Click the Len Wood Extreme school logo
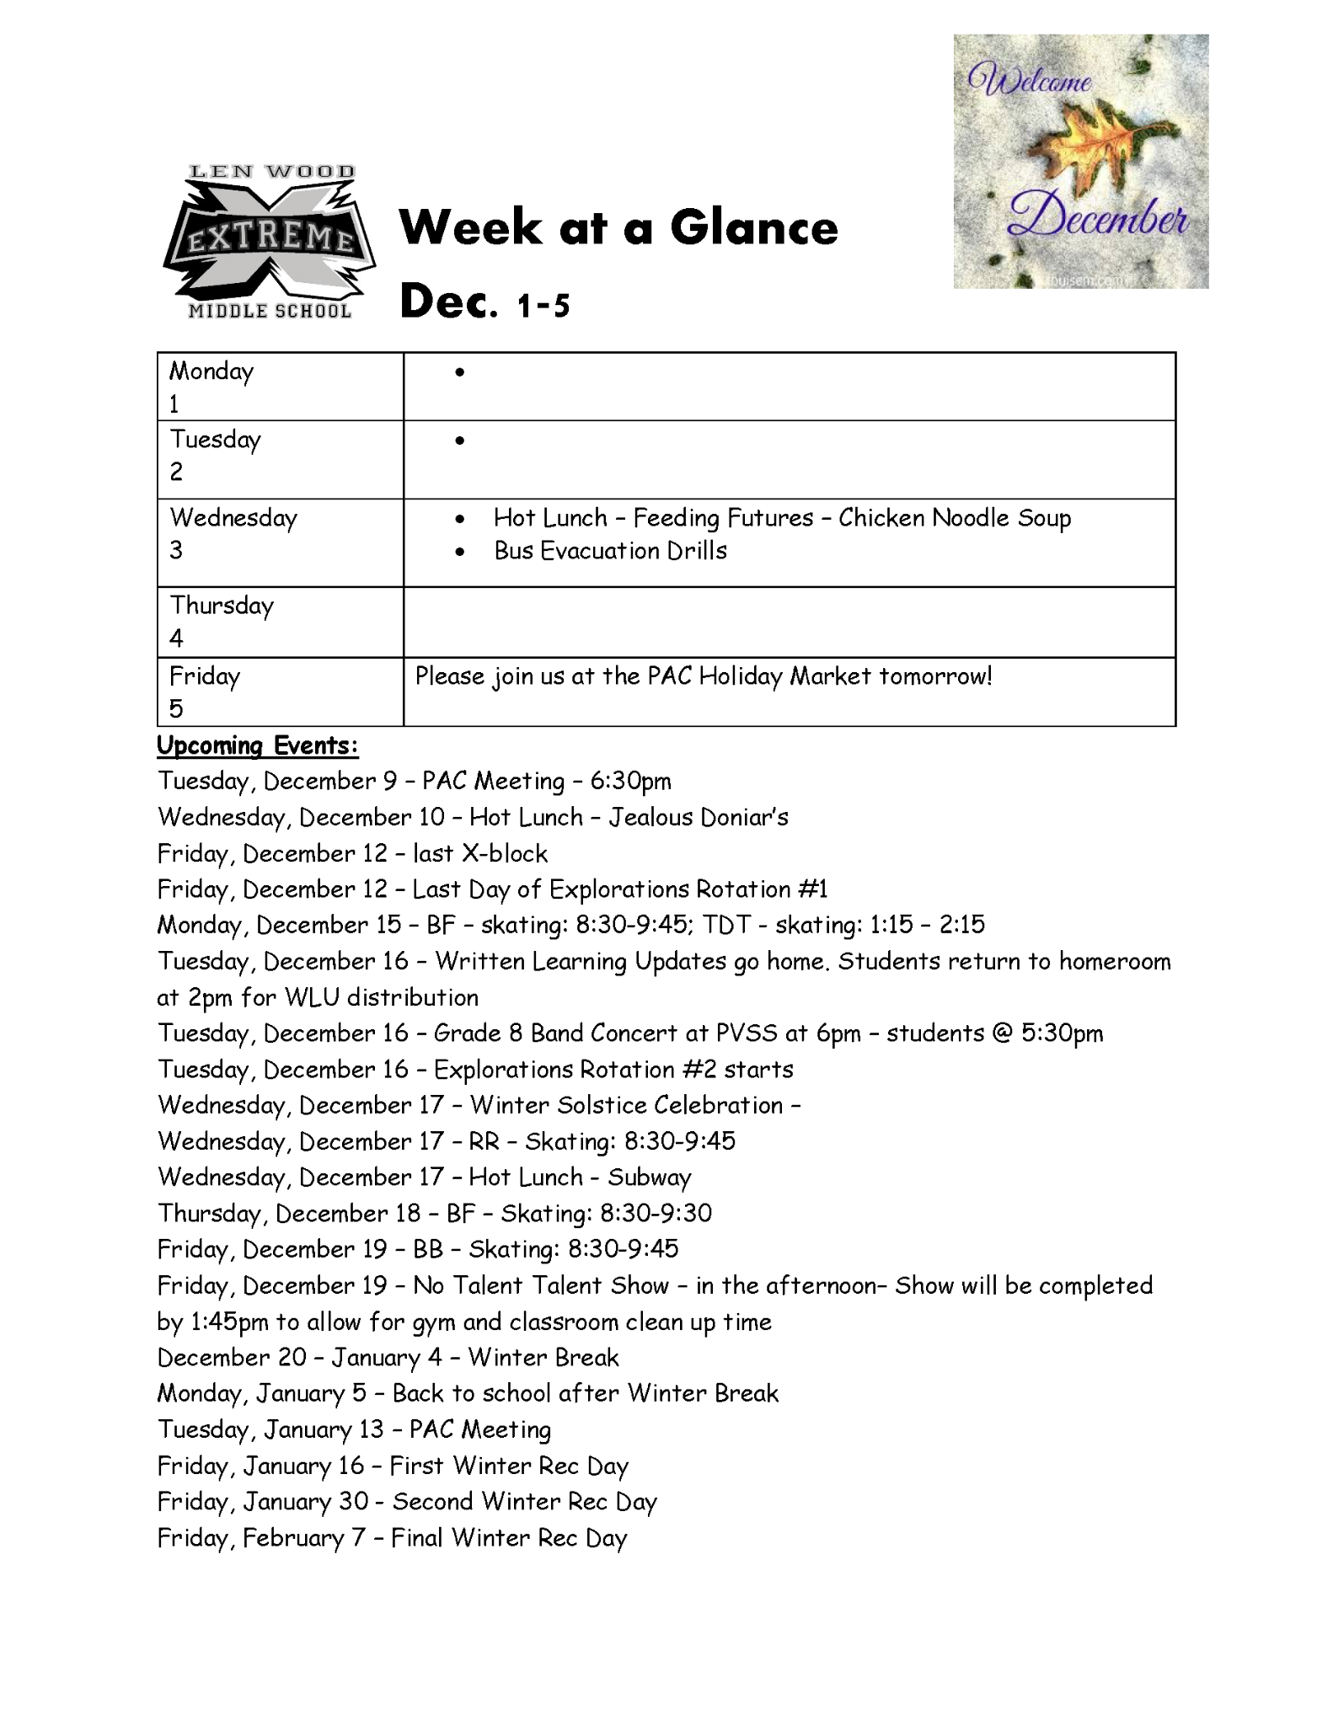point(269,242)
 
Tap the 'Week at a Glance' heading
point(618,227)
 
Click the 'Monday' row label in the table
point(211,371)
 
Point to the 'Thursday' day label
point(222,606)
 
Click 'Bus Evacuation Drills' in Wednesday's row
point(610,551)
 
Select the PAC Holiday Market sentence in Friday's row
point(704,676)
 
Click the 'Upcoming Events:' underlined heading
point(258,745)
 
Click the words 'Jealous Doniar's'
point(699,817)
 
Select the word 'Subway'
point(650,1178)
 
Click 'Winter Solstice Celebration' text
point(626,1105)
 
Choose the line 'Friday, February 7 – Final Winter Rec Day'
point(393,1539)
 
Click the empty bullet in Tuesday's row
point(459,441)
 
